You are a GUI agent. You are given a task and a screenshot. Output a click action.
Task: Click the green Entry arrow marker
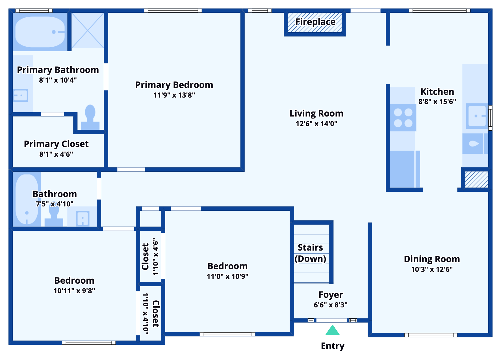(332, 330)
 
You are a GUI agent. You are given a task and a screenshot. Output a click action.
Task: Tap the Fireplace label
(315, 22)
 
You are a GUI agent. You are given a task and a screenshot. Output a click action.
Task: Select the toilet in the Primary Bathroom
(90, 117)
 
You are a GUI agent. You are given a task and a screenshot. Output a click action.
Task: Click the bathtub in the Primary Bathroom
(40, 32)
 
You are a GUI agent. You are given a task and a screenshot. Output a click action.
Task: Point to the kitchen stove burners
(403, 118)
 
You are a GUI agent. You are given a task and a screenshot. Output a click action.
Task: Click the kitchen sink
(477, 116)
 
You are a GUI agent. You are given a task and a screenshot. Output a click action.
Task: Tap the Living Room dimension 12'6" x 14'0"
(316, 124)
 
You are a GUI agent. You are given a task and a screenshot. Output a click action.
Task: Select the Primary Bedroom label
(174, 85)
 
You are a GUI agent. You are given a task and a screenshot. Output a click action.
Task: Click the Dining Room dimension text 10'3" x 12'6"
(432, 269)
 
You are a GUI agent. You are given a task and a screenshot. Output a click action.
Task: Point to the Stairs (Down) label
(310, 253)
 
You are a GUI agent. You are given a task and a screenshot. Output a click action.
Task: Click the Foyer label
(331, 295)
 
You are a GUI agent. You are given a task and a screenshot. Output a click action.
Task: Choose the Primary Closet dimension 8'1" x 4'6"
(56, 154)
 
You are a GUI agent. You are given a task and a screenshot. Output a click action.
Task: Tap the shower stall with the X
(88, 30)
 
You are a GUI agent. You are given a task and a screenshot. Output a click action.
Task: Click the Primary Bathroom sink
(21, 95)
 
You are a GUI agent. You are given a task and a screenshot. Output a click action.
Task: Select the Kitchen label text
(437, 92)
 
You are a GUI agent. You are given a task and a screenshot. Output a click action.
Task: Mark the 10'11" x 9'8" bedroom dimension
(74, 291)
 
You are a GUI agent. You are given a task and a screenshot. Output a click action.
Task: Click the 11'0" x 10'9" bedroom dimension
(227, 276)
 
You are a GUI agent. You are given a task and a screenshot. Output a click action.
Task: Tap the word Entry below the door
(333, 346)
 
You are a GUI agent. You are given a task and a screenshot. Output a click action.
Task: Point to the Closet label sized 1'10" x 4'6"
(145, 256)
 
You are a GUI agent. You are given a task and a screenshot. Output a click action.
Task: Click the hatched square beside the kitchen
(476, 179)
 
